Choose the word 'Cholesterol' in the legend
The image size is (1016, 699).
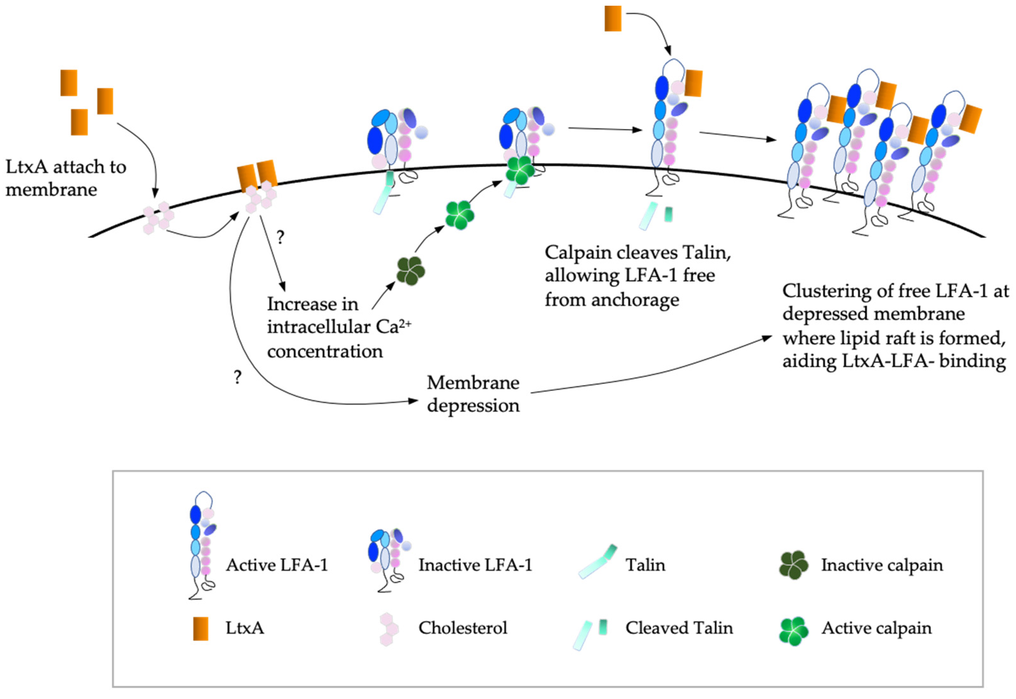pyautogui.click(x=463, y=628)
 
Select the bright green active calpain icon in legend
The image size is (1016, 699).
pyautogui.click(x=793, y=631)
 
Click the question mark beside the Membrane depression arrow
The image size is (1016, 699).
pyautogui.click(x=237, y=377)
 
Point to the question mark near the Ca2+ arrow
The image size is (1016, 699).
pyautogui.click(x=280, y=237)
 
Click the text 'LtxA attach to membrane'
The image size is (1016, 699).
pyautogui.click(x=66, y=178)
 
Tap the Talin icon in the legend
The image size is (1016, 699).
pyautogui.click(x=597, y=562)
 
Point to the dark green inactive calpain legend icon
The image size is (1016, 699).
pyautogui.click(x=793, y=566)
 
